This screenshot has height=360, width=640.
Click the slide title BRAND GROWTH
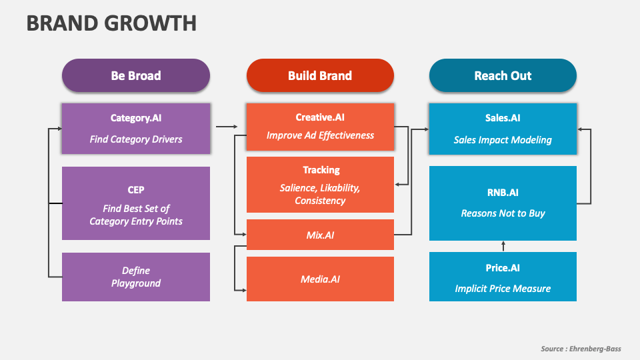111,23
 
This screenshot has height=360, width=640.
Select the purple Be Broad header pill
136,75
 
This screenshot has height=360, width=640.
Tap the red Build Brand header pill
320,75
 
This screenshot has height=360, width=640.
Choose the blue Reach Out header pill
503,75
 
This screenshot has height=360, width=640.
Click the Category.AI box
136,128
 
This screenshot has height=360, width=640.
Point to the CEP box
136,203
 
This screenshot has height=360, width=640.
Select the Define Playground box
136,277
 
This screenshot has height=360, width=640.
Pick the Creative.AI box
320,127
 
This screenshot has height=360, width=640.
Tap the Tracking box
320,185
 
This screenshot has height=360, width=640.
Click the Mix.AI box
320,235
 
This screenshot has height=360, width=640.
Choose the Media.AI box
320,279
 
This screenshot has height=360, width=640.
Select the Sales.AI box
503,128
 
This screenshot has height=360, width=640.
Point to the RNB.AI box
503,203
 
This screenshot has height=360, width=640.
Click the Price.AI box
503,277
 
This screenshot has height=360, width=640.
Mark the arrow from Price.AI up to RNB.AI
503,247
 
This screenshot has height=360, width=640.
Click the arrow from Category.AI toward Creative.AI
227,126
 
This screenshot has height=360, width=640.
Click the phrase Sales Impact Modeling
503,140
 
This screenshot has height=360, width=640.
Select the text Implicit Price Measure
503,289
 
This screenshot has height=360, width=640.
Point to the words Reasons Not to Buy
503,213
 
